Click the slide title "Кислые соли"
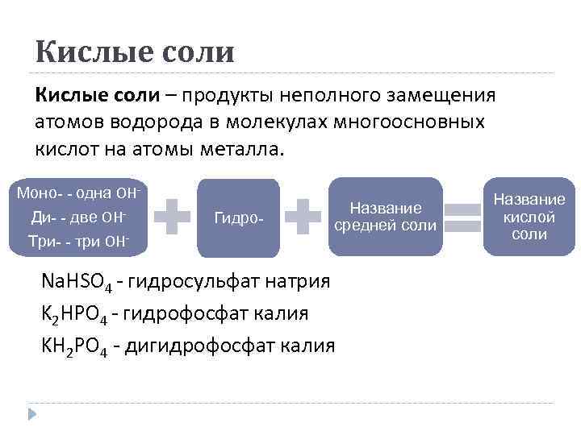tap(135, 52)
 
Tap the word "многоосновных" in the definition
tap(414, 122)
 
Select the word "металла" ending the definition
tap(243, 148)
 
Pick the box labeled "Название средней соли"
tap(385, 217)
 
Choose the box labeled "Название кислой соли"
tap(529, 217)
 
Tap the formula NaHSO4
tap(76, 283)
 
